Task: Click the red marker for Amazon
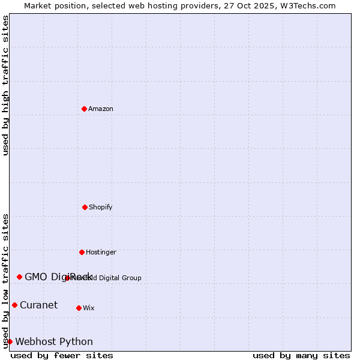pyautogui.click(x=85, y=109)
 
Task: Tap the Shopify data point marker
pyautogui.click(x=85, y=207)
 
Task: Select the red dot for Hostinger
pyautogui.click(x=82, y=252)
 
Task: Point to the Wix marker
pyautogui.click(x=79, y=308)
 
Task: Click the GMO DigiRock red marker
pyautogui.click(x=20, y=277)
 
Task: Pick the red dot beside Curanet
pyautogui.click(x=15, y=305)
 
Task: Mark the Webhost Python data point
pyautogui.click(x=10, y=341)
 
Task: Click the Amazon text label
pyautogui.click(x=101, y=109)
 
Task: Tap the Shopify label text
pyautogui.click(x=101, y=207)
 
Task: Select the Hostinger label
pyautogui.click(x=101, y=252)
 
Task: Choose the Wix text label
pyautogui.click(x=89, y=308)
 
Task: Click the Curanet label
pyautogui.click(x=39, y=305)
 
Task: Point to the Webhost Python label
pyautogui.click(x=54, y=341)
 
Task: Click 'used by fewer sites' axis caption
pyautogui.click(x=62, y=355)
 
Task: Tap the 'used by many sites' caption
pyautogui.click(x=301, y=355)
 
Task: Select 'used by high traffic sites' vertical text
pyautogui.click(x=5, y=85)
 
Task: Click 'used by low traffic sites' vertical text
pyautogui.click(x=5, y=280)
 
